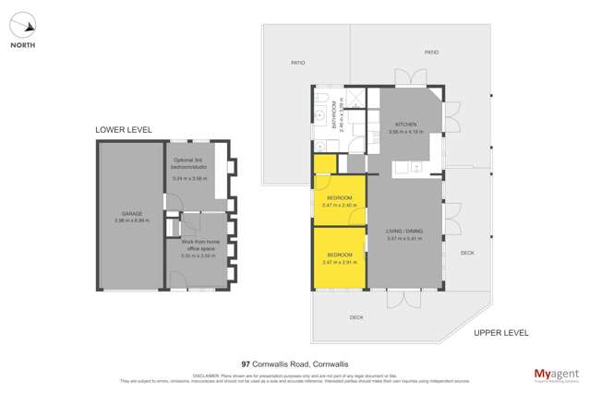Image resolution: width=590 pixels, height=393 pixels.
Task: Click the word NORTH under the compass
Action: click(x=23, y=43)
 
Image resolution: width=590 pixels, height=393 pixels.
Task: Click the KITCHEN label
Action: click(x=406, y=125)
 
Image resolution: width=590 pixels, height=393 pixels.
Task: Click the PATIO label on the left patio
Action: click(x=297, y=63)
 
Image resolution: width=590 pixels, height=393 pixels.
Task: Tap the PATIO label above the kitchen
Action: click(x=431, y=53)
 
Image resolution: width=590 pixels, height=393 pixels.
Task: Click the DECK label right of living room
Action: click(x=467, y=252)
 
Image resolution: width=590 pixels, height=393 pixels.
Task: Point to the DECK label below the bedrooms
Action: click(x=355, y=318)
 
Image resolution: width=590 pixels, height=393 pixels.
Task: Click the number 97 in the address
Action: click(x=246, y=364)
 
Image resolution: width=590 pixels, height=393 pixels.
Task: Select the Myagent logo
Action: click(x=556, y=375)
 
